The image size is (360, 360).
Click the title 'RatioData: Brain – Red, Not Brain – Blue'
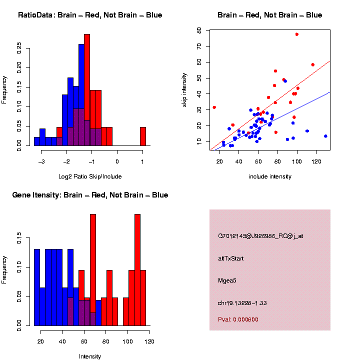pyautogui.click(x=90, y=15)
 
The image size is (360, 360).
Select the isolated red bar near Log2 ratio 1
pyautogui.click(x=143, y=136)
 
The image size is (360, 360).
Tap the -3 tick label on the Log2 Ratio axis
pyautogui.click(x=41, y=161)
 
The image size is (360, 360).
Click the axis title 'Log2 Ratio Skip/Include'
pyautogui.click(x=90, y=176)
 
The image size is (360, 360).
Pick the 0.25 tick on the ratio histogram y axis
pyautogui.click(x=19, y=48)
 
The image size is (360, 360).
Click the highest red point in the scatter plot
pyautogui.click(x=297, y=34)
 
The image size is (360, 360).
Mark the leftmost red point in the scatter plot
pyautogui.click(x=214, y=107)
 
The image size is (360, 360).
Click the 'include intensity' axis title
pyautogui.click(x=269, y=176)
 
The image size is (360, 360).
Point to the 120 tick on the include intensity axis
pyautogui.click(x=316, y=161)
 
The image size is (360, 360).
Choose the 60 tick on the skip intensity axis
pyautogui.click(x=199, y=30)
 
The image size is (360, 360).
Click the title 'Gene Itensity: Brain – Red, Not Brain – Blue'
pyautogui.click(x=90, y=195)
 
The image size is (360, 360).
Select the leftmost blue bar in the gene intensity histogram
pyautogui.click(x=37, y=287)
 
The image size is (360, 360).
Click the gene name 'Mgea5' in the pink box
pyautogui.click(x=227, y=280)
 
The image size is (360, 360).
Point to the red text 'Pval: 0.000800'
pyautogui.click(x=238, y=319)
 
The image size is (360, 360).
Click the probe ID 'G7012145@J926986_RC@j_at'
pyautogui.click(x=260, y=236)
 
